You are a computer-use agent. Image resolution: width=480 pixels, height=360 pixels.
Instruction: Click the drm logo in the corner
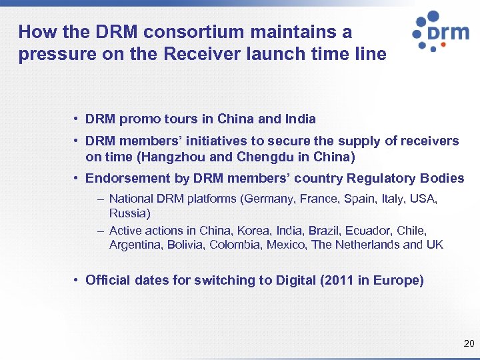(x=440, y=31)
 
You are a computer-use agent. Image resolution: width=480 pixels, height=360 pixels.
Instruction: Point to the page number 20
(x=468, y=344)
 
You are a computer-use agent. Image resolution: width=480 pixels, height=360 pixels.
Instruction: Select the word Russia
(x=128, y=213)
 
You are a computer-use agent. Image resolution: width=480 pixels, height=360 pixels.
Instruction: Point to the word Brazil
(x=324, y=231)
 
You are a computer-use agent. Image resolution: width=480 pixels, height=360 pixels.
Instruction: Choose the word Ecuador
(x=370, y=231)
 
